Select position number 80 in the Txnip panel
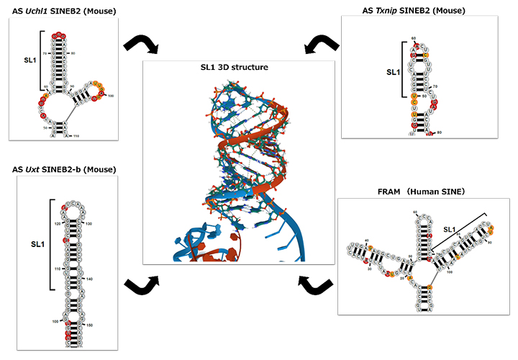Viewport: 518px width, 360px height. tap(437, 132)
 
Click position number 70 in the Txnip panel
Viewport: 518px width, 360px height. tap(440, 88)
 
